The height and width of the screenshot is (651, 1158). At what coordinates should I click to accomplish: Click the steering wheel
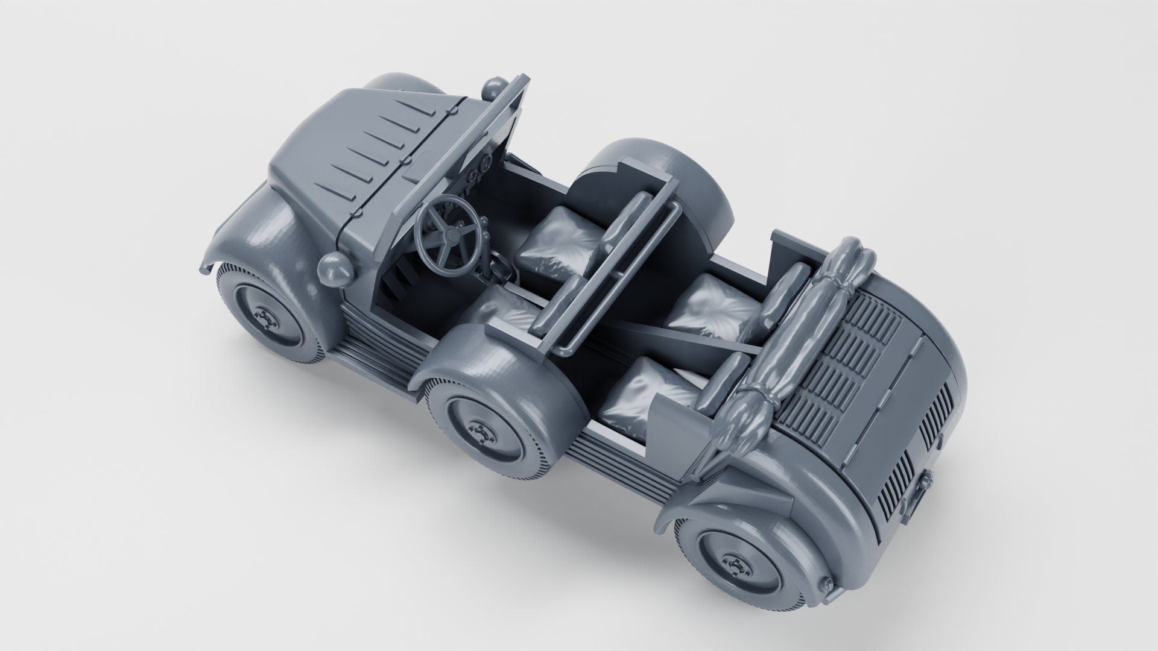[x=448, y=231]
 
